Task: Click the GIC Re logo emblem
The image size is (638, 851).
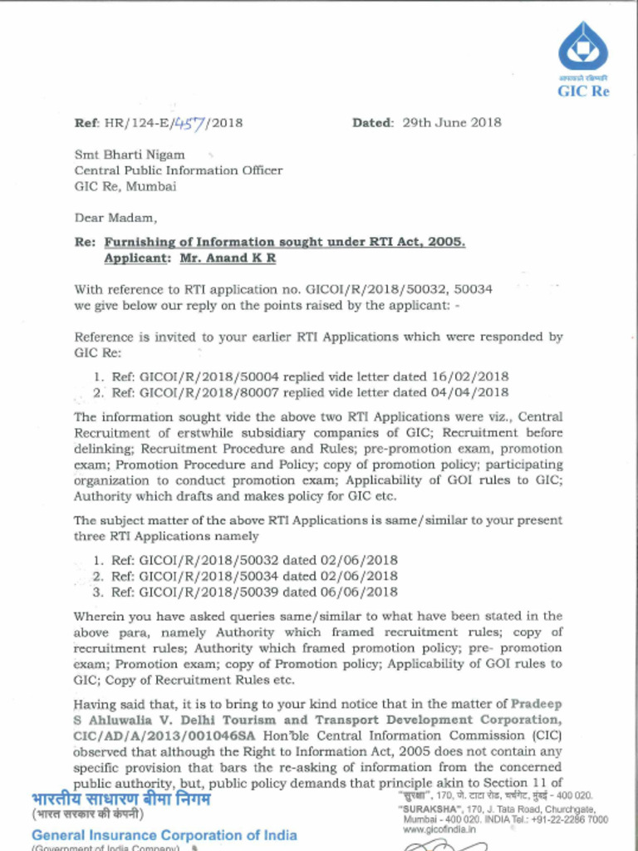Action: click(x=582, y=47)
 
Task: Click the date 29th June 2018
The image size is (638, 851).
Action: click(x=452, y=122)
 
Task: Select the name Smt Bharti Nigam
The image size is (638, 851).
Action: click(x=130, y=155)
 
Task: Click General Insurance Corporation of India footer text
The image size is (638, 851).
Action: click(x=164, y=834)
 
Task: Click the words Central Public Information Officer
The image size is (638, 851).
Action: click(x=179, y=170)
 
